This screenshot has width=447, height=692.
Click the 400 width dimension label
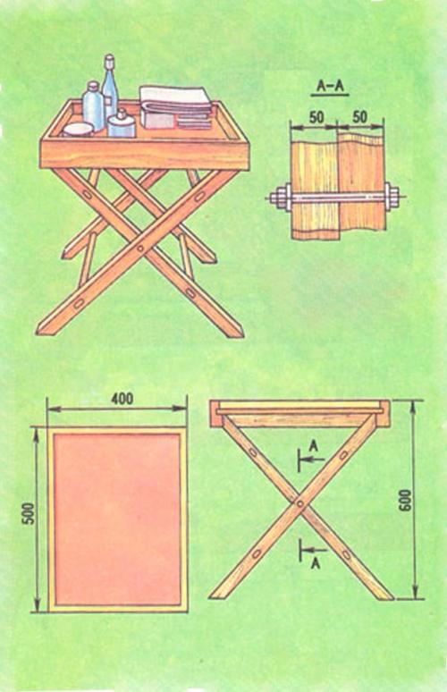[x=122, y=398]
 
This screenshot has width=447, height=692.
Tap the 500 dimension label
[x=29, y=513]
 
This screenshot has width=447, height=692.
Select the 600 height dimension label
[x=405, y=500]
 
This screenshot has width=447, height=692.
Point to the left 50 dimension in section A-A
[x=316, y=117]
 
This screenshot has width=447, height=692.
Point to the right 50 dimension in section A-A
[x=359, y=117]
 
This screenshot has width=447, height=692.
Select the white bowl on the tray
[x=78, y=130]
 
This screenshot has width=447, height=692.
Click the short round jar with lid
[x=122, y=124]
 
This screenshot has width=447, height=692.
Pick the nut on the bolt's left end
[x=281, y=197]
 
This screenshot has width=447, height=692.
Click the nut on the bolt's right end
[x=392, y=196]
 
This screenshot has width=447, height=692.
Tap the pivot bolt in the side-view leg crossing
[x=299, y=503]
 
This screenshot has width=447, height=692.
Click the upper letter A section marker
[x=314, y=446]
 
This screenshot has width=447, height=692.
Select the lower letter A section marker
[x=315, y=562]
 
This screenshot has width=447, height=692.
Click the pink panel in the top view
[x=117, y=519]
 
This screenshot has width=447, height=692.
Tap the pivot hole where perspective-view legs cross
[x=140, y=249]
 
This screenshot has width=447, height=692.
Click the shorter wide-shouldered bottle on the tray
[x=93, y=105]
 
